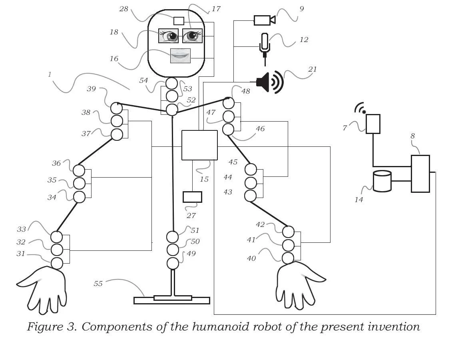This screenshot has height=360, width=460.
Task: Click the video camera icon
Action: (265, 20)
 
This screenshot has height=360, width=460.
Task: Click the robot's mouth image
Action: (180, 56)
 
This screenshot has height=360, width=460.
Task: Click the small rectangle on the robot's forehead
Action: (179, 21)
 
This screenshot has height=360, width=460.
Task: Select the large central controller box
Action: (199, 145)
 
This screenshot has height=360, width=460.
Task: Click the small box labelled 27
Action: (193, 197)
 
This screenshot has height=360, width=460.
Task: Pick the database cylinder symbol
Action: (382, 181)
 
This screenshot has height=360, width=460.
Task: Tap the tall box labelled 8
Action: (420, 174)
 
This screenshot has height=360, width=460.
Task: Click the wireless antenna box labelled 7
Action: (373, 124)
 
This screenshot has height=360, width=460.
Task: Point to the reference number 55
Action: (98, 284)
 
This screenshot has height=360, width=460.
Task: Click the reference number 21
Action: (313, 69)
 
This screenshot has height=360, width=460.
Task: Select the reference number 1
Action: (50, 74)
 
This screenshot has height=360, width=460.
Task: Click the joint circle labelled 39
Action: (116, 108)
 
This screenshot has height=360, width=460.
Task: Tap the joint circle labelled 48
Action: (229, 103)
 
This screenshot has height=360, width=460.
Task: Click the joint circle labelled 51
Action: (173, 237)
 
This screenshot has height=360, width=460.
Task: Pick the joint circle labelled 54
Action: (171, 83)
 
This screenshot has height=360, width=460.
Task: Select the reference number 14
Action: (359, 200)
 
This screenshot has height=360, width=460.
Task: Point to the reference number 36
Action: (56, 163)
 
